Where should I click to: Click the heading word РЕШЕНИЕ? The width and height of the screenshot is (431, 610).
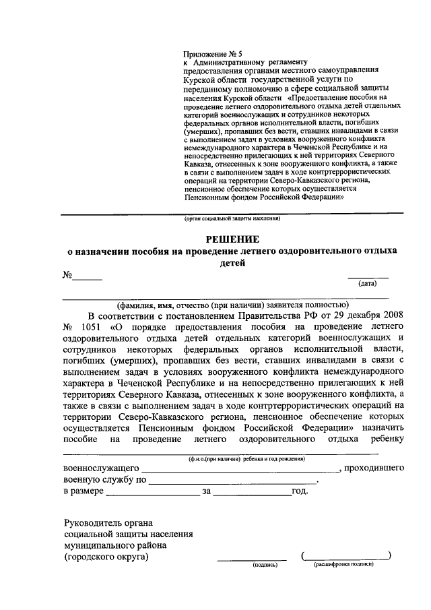pos(232,239)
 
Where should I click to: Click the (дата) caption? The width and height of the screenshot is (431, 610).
pos(368,284)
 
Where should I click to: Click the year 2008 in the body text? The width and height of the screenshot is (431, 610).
pos(386,315)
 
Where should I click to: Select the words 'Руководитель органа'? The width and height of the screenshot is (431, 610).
pos(108,522)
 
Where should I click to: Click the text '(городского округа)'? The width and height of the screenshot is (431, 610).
pos(106,557)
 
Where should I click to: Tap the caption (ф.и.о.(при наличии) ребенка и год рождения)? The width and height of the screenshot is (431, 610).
pos(247,458)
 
